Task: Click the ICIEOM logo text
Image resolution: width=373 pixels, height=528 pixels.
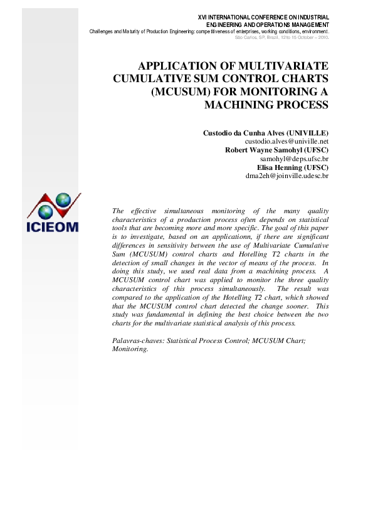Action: coord(53,225)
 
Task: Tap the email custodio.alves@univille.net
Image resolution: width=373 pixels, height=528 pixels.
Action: coord(286,142)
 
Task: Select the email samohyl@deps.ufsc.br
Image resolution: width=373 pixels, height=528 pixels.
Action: coord(294,159)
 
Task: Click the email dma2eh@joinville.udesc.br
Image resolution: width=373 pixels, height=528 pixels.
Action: coord(287,176)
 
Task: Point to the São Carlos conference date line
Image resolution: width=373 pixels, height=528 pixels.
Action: coord(281,37)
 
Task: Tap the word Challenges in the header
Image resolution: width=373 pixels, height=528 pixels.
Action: coord(103,31)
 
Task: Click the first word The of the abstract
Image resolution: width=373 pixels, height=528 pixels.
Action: coord(117,211)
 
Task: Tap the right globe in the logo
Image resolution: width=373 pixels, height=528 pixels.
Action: coord(63,199)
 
